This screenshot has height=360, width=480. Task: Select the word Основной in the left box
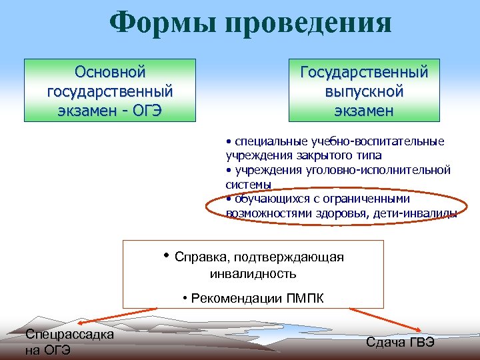pos(110,71)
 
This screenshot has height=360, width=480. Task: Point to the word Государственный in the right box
pos(365,71)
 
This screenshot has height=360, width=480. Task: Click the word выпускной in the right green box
pos(365,90)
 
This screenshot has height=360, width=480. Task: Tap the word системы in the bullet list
pos(249,183)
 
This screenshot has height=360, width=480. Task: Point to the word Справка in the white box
pos(201,257)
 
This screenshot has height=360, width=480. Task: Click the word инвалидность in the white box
pos(253,273)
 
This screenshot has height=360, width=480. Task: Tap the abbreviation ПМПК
pos(305,298)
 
